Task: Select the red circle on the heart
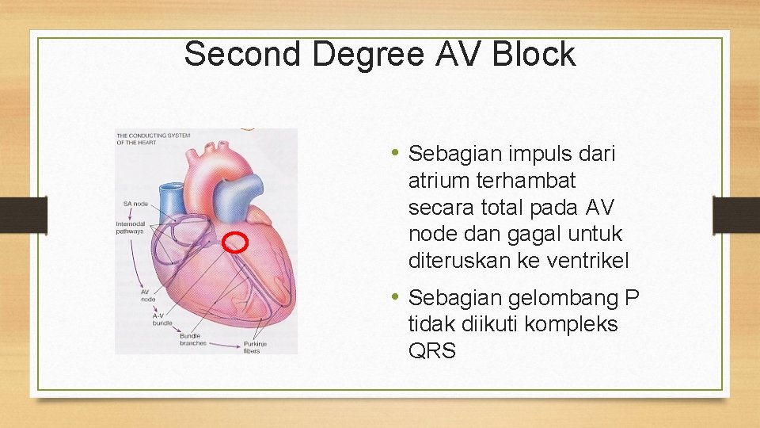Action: point(234,242)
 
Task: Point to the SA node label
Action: point(135,204)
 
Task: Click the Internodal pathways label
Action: point(130,227)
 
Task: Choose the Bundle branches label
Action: point(192,339)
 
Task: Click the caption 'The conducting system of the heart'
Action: point(153,139)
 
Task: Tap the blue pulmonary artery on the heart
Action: point(244,190)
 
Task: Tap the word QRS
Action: point(432,351)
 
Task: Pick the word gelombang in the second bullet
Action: point(549,299)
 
